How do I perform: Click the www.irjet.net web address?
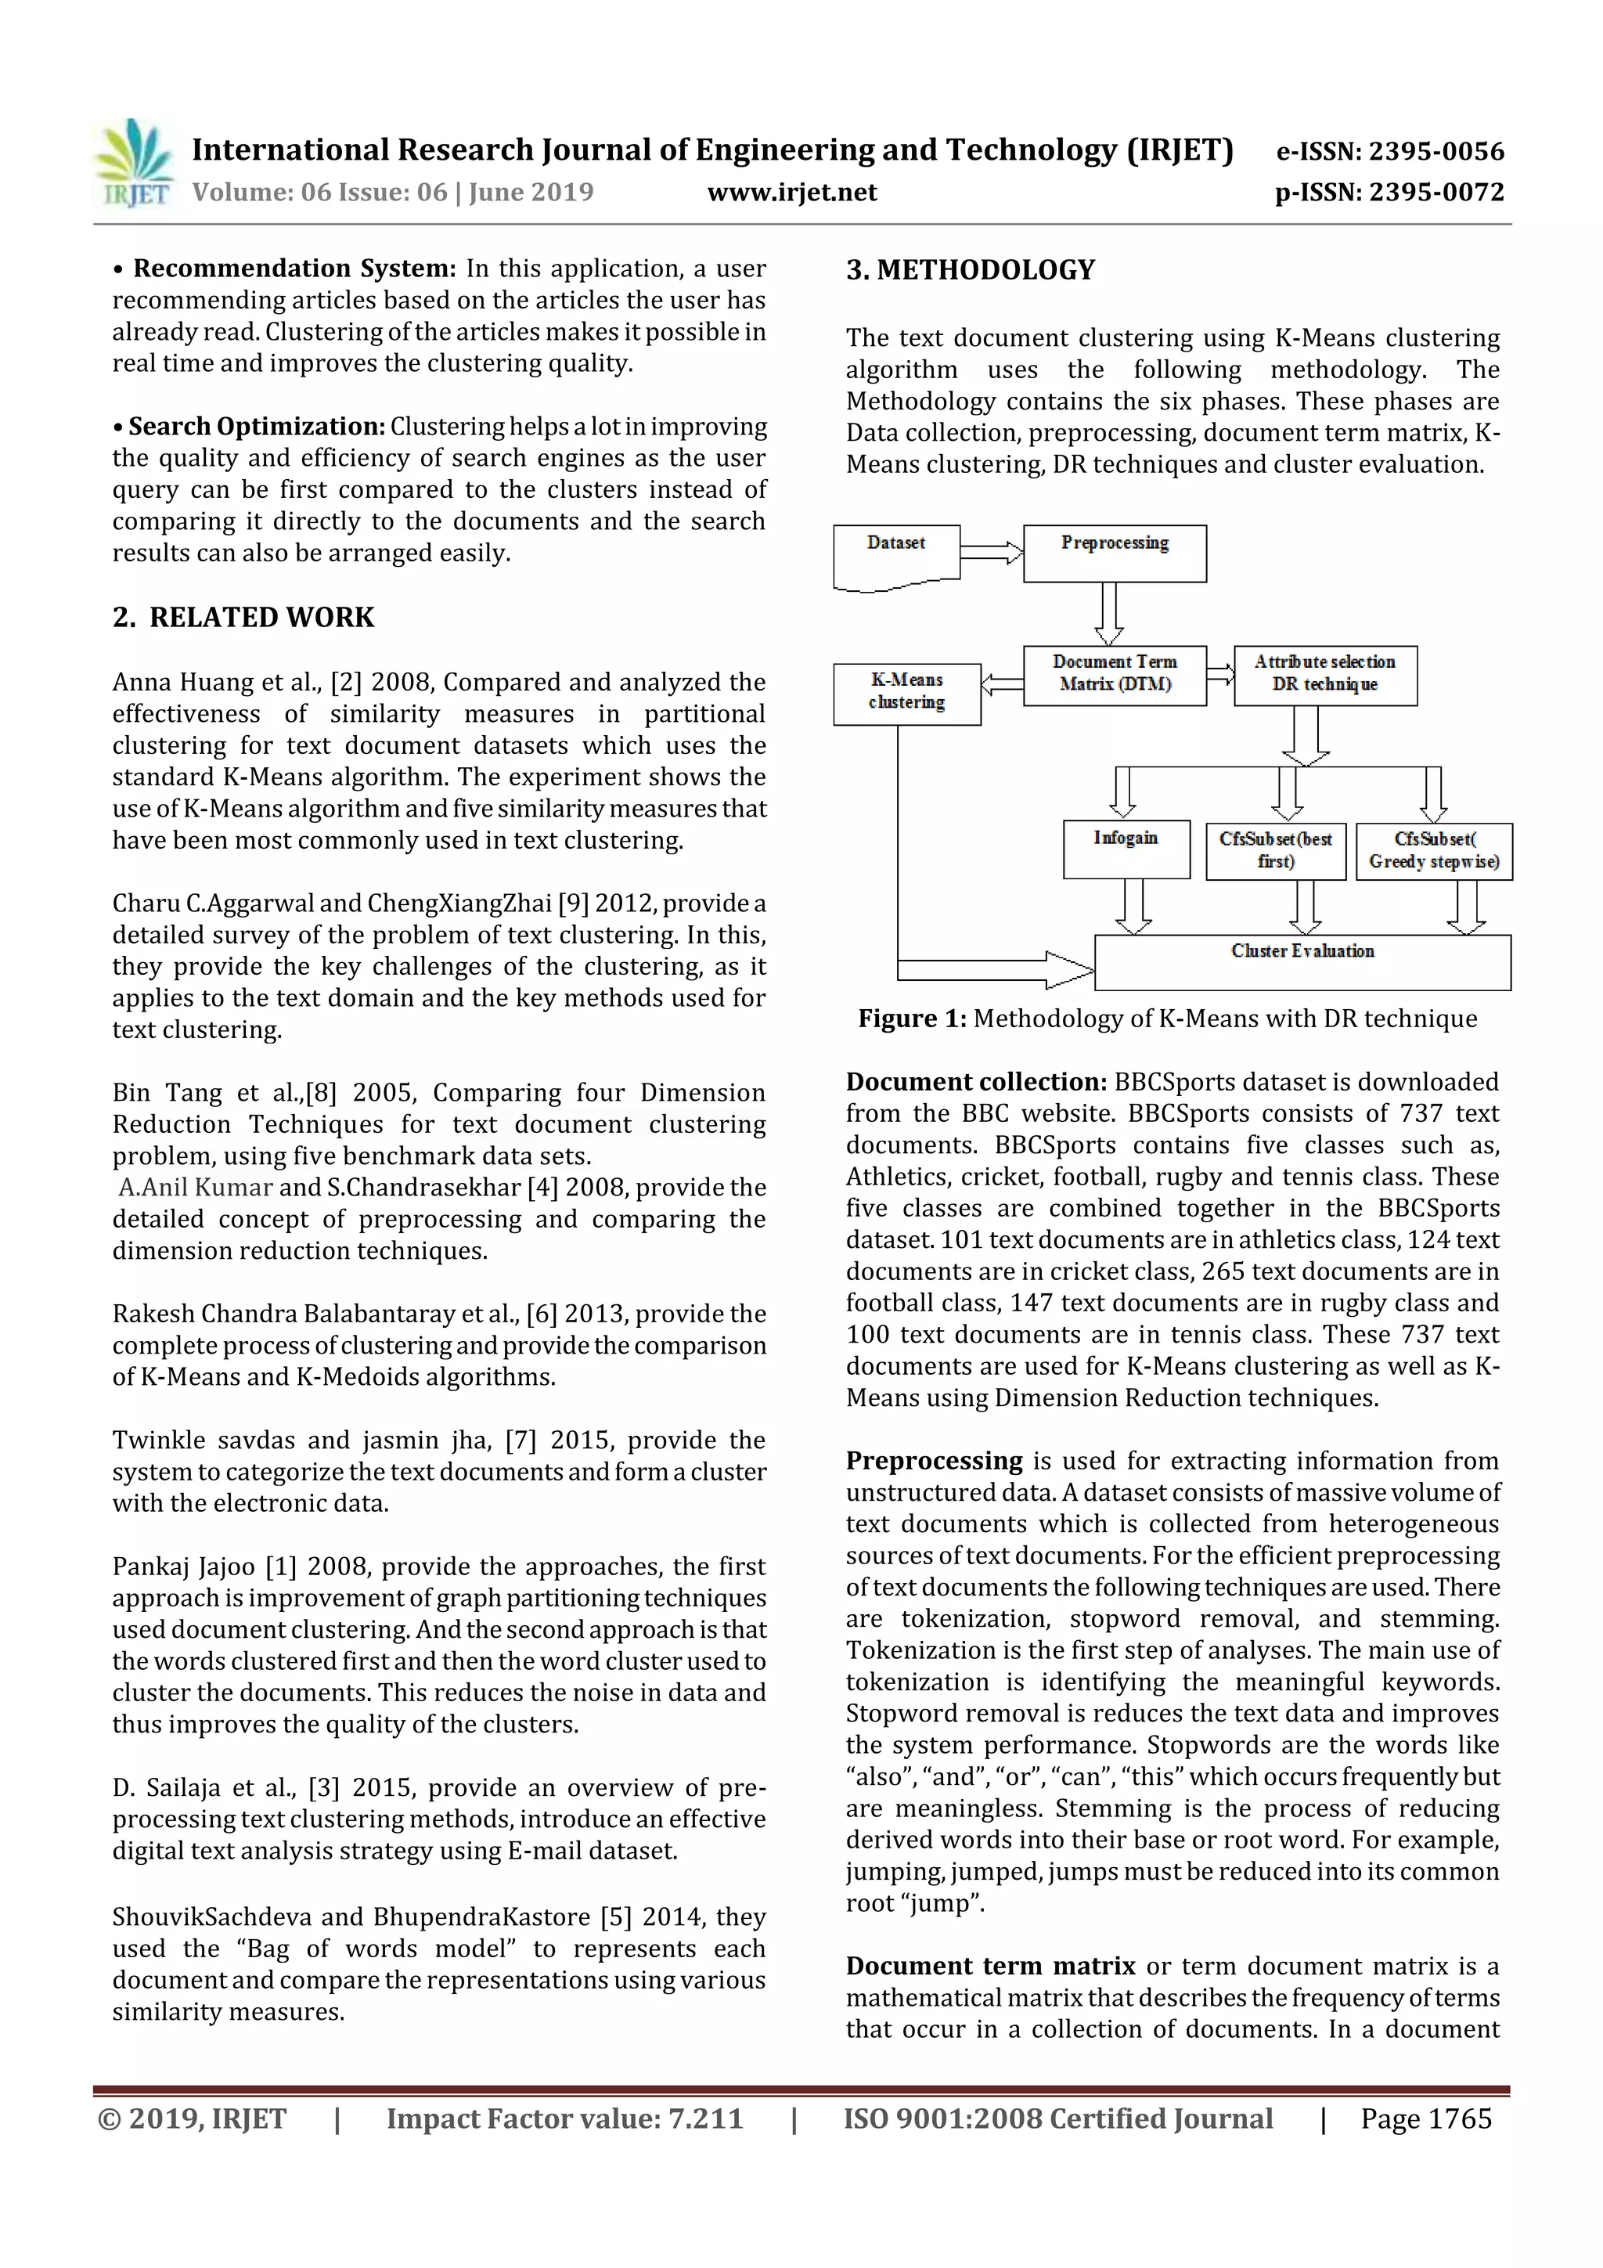point(792,193)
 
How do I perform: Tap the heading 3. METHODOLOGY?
point(970,269)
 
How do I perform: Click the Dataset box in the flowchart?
point(896,554)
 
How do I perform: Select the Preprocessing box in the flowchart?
point(1114,553)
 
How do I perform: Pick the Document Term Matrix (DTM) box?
point(1114,675)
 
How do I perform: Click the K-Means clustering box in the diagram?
point(906,694)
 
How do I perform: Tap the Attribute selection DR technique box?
point(1324,675)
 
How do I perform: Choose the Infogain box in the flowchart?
point(1126,849)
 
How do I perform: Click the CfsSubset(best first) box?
point(1275,850)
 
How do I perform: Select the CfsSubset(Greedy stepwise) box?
point(1433,850)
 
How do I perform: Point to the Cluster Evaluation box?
point(1302,961)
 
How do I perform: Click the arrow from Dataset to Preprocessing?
point(991,552)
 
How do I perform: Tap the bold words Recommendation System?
point(294,269)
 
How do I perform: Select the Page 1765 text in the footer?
point(1425,2118)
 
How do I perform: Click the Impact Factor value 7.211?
point(564,2118)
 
